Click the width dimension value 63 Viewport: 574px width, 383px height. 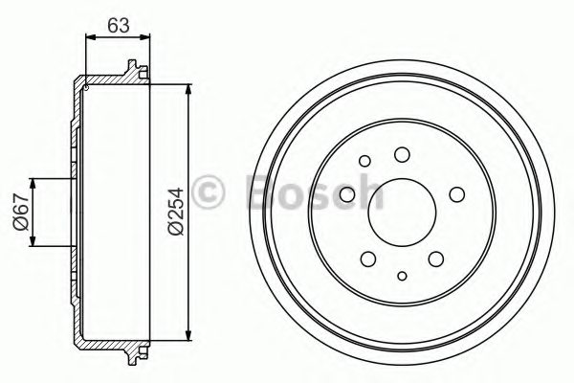pyautogui.click(x=119, y=26)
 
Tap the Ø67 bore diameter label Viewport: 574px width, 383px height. pyautogui.click(x=20, y=213)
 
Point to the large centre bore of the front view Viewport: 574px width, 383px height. pyautogui.click(x=401, y=212)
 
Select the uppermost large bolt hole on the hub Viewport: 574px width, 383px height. pyautogui.click(x=402, y=153)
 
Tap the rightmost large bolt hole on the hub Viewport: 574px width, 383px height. pyautogui.click(x=456, y=194)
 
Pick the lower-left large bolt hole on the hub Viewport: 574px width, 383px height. pyautogui.click(x=367, y=259)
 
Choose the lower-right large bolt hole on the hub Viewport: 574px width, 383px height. pyautogui.click(x=436, y=259)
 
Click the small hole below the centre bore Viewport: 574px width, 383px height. pyautogui.click(x=402, y=278)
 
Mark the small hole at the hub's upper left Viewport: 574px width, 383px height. pyautogui.click(x=366, y=162)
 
